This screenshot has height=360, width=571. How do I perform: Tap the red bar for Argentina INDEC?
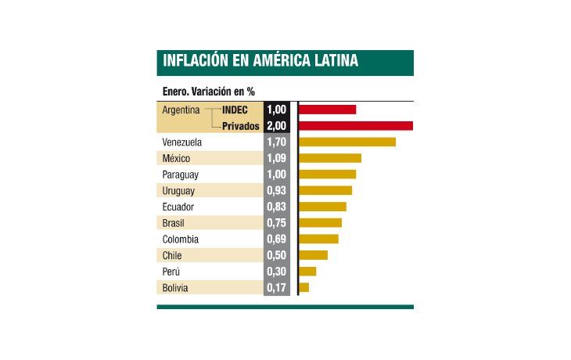[327, 110]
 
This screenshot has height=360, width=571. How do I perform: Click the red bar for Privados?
[355, 125]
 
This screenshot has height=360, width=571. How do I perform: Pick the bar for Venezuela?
[347, 142]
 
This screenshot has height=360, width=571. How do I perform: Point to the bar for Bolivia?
[303, 287]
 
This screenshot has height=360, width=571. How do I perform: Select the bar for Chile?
[313, 255]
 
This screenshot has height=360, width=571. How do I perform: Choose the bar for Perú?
[307, 272]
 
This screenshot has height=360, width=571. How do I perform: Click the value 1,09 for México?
[277, 158]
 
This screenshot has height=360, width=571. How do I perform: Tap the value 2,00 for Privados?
[277, 125]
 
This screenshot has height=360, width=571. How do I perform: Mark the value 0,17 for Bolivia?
[277, 287]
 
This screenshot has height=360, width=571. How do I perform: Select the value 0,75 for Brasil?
[277, 223]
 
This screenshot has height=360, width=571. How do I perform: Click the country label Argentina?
[181, 110]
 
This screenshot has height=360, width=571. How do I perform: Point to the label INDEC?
[235, 110]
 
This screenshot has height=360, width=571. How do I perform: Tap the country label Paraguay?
[181, 175]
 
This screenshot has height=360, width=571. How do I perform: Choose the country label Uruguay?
[179, 190]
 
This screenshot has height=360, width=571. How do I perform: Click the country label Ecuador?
[178, 207]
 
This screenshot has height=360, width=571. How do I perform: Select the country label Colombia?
[181, 239]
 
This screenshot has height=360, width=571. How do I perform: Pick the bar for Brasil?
[320, 223]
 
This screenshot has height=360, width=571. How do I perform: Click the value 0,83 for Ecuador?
[277, 207]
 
